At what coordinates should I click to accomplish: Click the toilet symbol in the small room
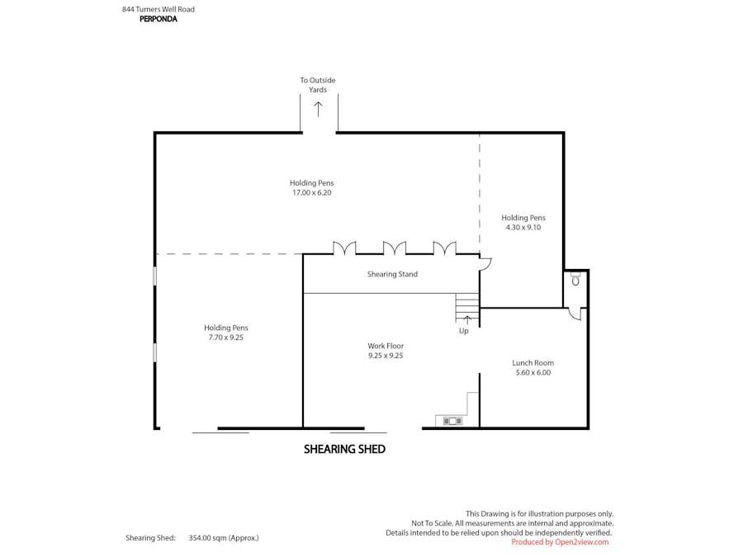575,280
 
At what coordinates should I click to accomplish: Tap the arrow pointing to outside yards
318,108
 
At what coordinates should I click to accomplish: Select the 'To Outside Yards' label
318,85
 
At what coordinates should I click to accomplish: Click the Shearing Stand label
392,274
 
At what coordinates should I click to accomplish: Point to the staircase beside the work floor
467,308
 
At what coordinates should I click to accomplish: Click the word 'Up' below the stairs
464,331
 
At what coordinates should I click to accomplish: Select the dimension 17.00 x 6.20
311,192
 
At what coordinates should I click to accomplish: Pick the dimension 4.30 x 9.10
523,227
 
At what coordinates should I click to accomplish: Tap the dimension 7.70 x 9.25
226,338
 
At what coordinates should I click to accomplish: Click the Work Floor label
386,346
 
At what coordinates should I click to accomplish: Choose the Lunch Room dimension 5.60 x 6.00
532,372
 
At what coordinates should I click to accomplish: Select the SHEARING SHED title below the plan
344,449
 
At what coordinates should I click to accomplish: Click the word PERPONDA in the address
158,19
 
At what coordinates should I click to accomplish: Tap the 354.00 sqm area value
223,537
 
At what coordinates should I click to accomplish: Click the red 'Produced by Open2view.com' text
560,542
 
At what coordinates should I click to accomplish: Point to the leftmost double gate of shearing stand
344,248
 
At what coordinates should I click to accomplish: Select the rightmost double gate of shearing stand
445,248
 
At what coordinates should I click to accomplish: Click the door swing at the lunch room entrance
575,314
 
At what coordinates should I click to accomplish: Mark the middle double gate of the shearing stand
395,248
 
